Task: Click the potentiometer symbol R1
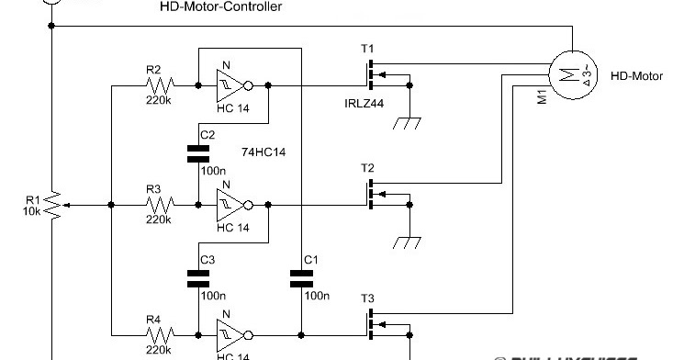tap(55, 206)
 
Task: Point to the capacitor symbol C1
tap(301, 277)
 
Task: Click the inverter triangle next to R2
tap(230, 85)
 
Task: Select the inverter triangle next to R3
tap(230, 206)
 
